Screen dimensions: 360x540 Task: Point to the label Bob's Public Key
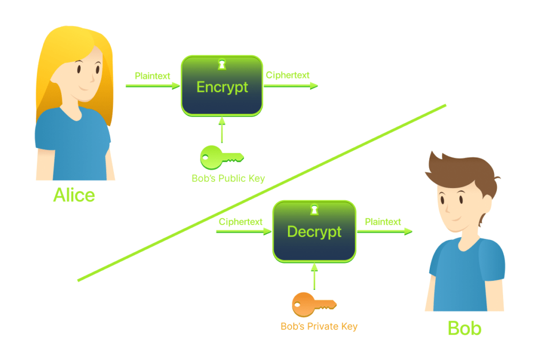(x=228, y=179)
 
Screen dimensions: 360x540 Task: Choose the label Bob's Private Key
(x=319, y=326)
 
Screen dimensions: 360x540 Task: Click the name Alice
(x=74, y=195)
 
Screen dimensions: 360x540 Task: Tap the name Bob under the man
(x=464, y=328)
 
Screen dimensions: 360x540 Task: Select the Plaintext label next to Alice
(x=152, y=76)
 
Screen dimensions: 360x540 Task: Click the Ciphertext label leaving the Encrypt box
(x=287, y=75)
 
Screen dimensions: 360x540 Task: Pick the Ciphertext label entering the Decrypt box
(x=240, y=222)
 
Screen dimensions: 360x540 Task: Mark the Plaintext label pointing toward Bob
(x=383, y=222)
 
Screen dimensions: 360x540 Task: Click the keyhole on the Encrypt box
(x=222, y=64)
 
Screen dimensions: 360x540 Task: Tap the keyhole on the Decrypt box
(x=314, y=210)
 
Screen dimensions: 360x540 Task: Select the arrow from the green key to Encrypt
(x=222, y=130)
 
